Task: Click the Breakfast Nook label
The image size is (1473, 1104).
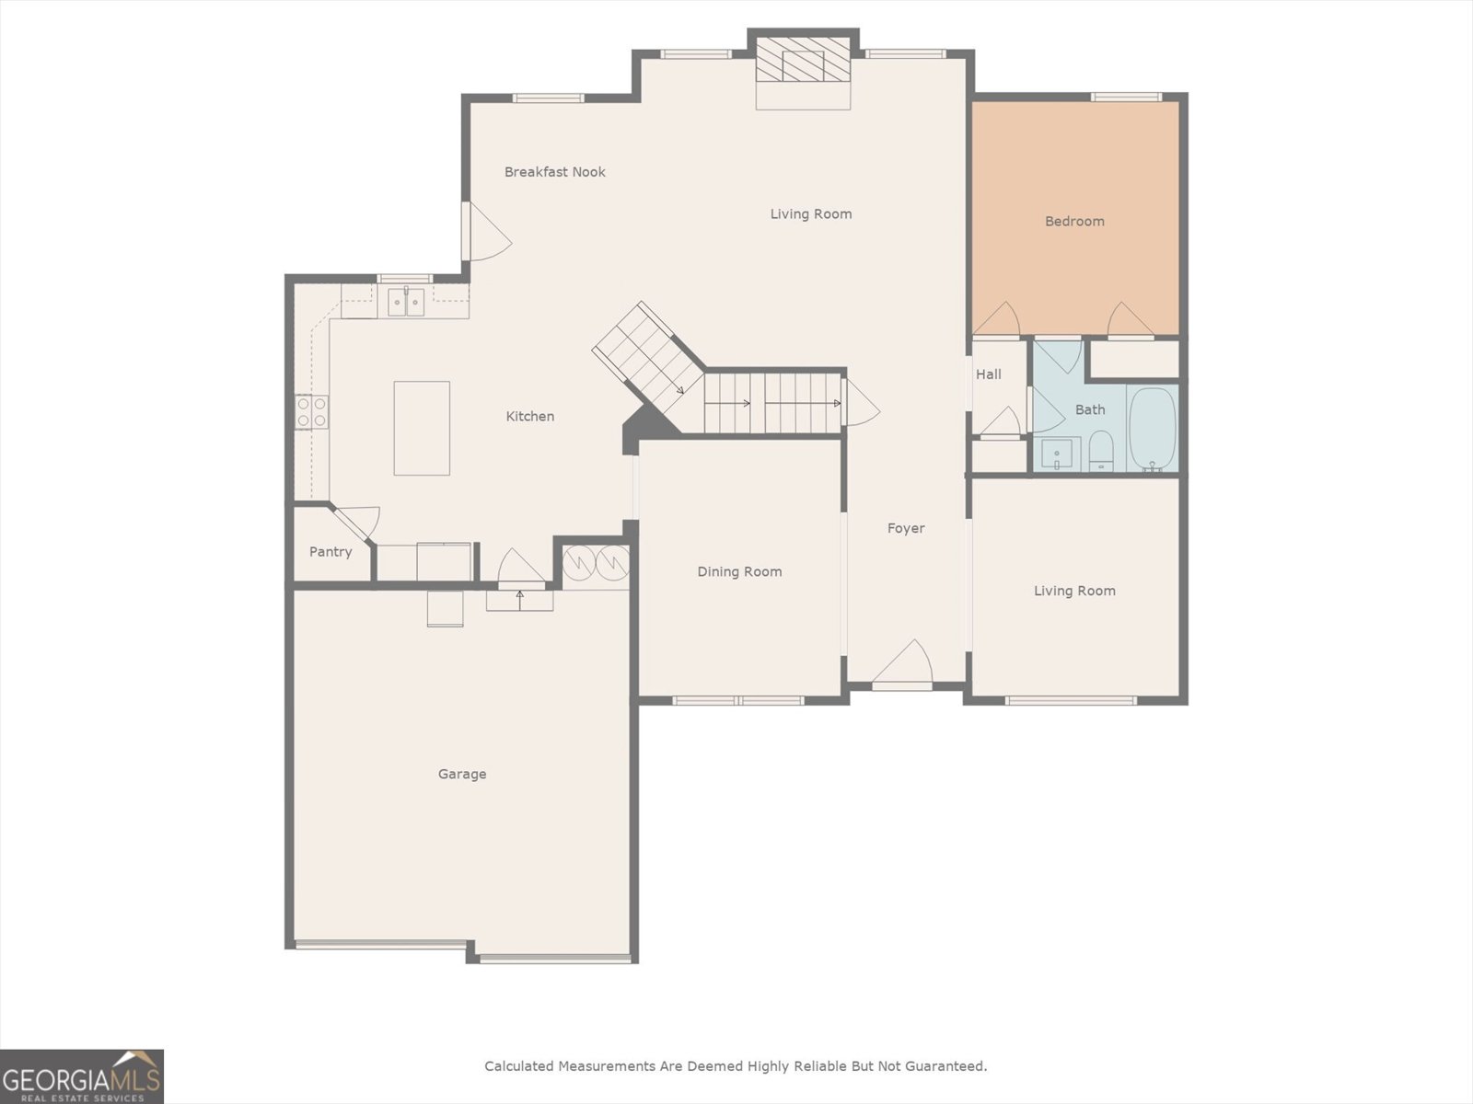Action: pos(554,172)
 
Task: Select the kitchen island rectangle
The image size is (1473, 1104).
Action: pos(422,428)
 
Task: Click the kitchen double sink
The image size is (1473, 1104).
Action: pos(405,301)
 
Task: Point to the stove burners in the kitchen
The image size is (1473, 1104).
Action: pos(312,411)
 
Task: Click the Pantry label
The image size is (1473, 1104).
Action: pos(331,552)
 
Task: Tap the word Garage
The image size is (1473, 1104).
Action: pos(462,775)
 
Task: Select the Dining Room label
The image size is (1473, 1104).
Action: pos(739,572)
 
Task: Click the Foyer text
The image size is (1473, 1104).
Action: pos(906,528)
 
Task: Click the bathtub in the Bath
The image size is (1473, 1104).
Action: pos(1153,429)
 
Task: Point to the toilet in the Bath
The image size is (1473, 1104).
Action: pos(1101,451)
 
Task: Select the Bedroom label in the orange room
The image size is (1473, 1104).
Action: pos(1074,222)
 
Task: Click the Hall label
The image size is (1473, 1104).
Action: pos(989,374)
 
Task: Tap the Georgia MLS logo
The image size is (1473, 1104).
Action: pos(82,1076)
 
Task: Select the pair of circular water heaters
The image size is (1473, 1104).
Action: pos(596,562)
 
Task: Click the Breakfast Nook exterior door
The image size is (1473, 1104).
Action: pos(485,231)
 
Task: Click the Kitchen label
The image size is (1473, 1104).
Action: pos(530,417)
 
